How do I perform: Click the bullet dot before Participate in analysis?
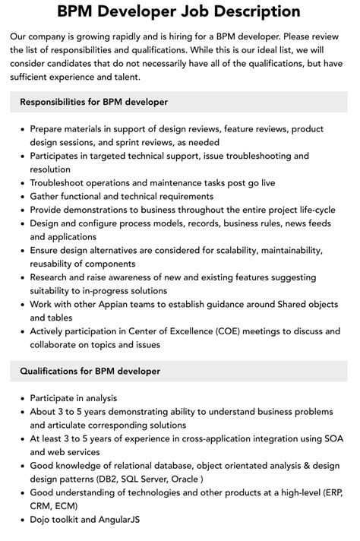(21, 397)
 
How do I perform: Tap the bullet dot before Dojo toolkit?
(21, 520)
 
